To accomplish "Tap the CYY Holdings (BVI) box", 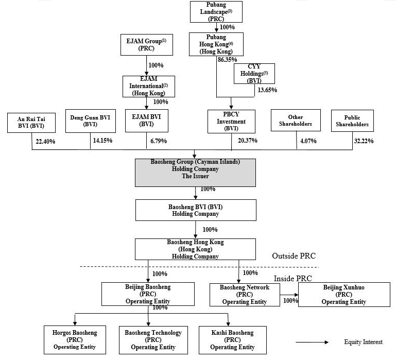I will click(x=254, y=73).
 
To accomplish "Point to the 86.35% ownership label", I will click(x=228, y=60).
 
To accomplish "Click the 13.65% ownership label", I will click(x=267, y=90).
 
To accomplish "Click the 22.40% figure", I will click(x=46, y=141).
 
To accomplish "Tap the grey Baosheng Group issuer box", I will click(x=195, y=168).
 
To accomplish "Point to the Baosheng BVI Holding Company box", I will click(x=195, y=211).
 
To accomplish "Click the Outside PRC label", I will click(x=293, y=256).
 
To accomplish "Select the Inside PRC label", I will click(x=293, y=279).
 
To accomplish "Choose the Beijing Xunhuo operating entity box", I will click(x=345, y=294).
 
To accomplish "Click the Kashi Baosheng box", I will click(x=232, y=339).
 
